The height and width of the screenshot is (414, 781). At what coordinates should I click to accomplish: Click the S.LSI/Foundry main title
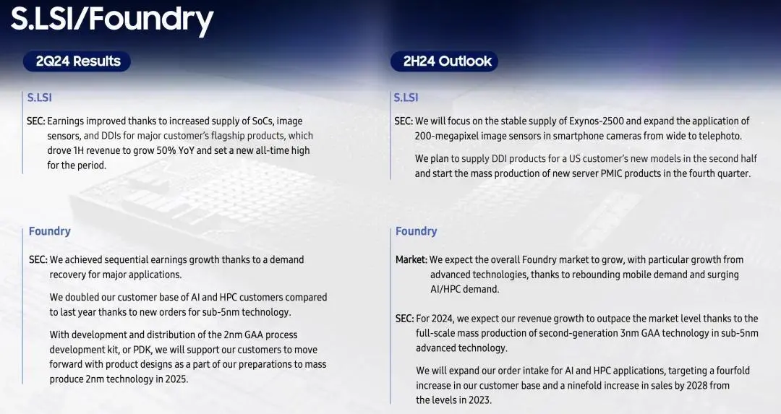(112, 20)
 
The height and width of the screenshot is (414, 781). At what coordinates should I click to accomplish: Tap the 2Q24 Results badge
(77, 61)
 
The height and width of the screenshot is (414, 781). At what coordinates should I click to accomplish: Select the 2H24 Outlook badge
(444, 61)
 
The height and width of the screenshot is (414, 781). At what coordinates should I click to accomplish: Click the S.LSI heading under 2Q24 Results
(39, 98)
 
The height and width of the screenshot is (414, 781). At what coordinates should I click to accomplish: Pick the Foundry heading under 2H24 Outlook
(416, 231)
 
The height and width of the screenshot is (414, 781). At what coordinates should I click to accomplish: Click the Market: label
(411, 260)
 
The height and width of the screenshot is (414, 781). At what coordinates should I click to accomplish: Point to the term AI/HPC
(449, 289)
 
